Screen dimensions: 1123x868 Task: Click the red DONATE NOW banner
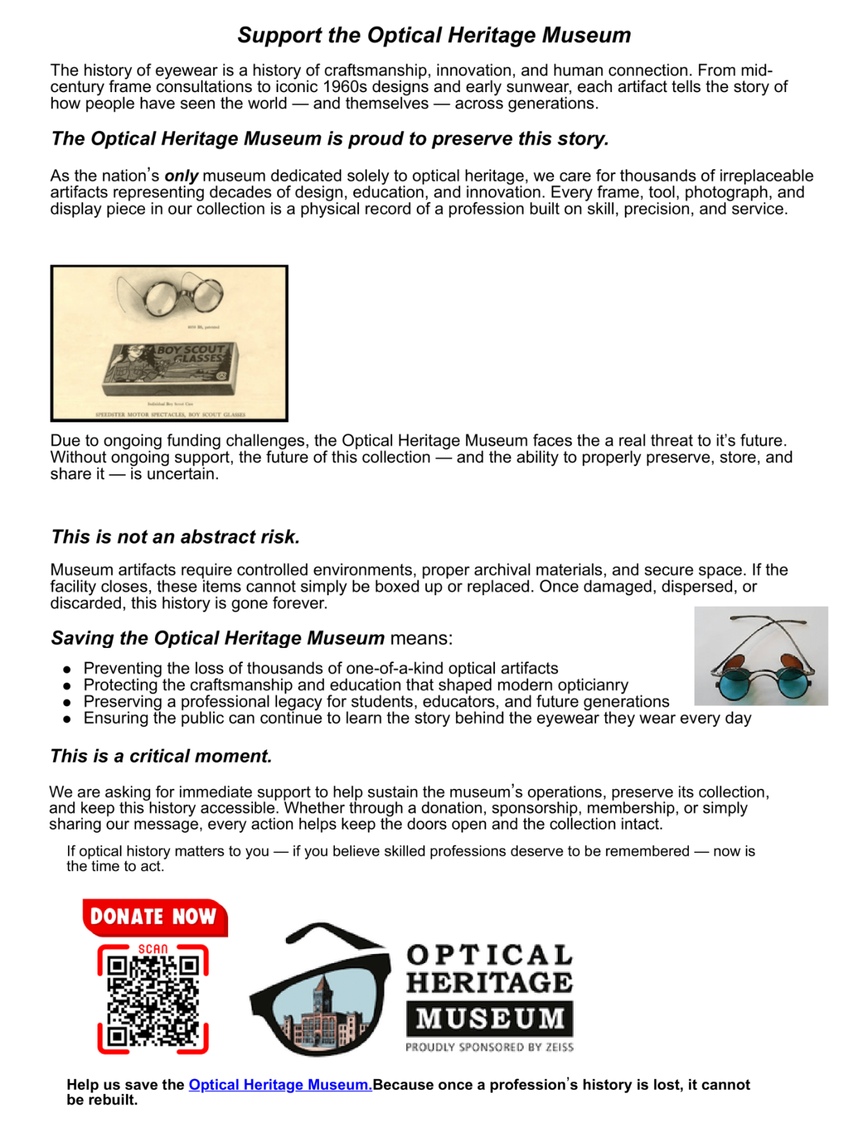pos(154,917)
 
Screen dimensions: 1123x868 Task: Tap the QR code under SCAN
pos(153,1001)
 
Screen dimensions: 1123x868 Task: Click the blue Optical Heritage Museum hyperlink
pos(280,1084)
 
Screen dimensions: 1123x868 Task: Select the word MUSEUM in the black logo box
pos(489,1018)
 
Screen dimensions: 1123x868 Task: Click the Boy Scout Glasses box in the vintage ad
pos(170,368)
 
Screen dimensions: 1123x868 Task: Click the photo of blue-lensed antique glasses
pos(761,656)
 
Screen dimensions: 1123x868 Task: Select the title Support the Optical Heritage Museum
pos(434,35)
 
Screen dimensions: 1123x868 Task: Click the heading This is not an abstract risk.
pos(175,537)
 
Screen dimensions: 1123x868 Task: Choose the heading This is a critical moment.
pos(161,756)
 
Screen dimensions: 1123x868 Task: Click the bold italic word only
pos(181,176)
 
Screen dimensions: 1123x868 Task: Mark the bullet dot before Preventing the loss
pos(67,669)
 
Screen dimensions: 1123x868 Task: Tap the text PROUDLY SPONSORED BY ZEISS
pos(489,1047)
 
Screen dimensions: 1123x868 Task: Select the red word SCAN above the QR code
pos(153,949)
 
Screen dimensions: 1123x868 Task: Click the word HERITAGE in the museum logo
pos(489,983)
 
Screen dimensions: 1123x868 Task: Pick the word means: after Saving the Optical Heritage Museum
pos(421,638)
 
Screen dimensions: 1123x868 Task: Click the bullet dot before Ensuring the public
pos(67,719)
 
